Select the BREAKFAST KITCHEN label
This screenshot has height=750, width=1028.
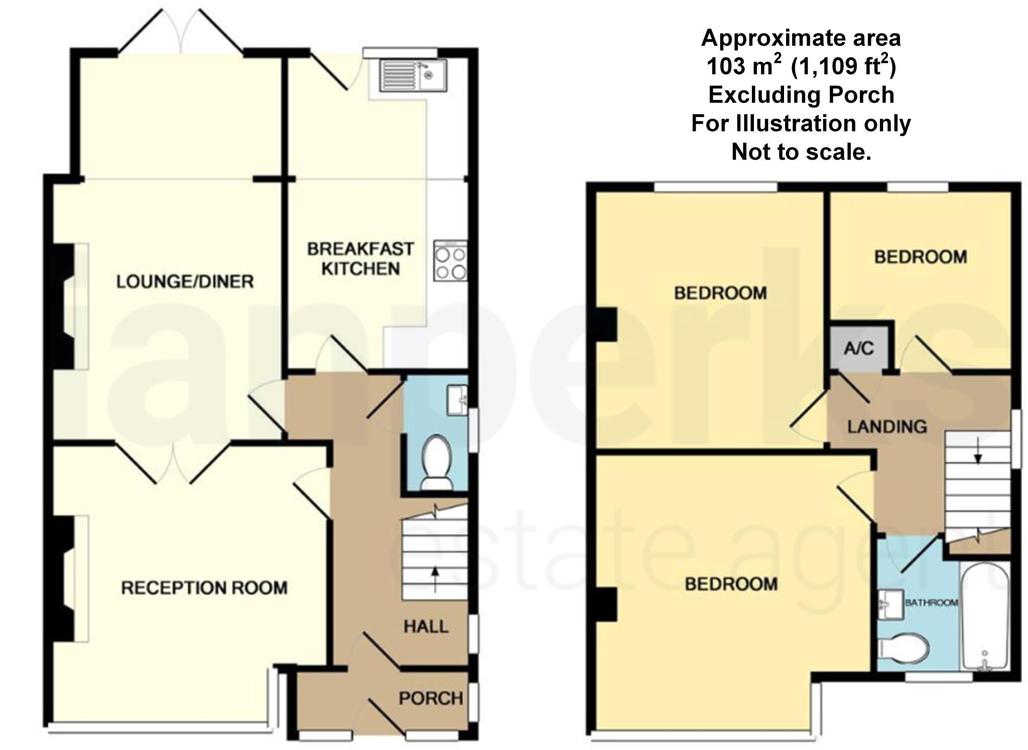360,259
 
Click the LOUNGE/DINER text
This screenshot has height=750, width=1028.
185,282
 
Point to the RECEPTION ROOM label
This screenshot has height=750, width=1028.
204,587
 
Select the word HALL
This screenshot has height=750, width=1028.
426,627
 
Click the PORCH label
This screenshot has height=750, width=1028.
431,698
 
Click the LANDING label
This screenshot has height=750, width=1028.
887,427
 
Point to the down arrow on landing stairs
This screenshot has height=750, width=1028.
978,456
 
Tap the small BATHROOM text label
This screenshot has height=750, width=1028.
932,602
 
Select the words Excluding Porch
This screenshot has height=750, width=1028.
801,95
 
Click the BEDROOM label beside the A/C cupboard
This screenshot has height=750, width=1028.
921,257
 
